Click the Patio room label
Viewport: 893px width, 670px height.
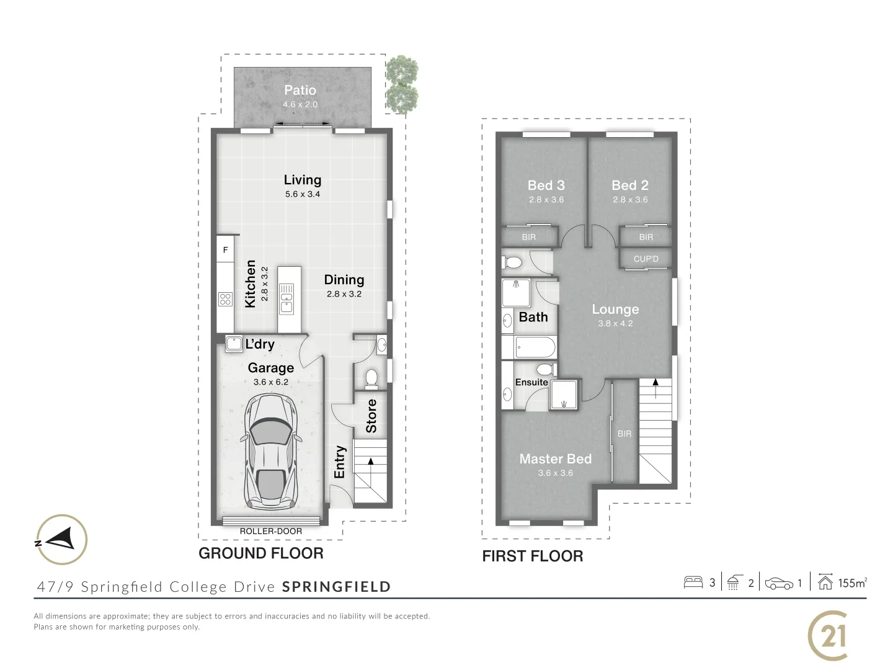300,91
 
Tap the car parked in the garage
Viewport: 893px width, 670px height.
271,451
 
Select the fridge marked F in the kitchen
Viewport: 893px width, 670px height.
225,250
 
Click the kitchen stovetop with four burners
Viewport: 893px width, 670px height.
225,300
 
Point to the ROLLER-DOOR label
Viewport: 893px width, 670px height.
271,531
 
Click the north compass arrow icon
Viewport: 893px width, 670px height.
61,539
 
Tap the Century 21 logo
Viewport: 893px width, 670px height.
829,636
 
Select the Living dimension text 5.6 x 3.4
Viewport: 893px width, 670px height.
303,194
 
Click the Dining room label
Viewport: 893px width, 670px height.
344,280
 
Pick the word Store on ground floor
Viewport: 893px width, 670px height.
371,416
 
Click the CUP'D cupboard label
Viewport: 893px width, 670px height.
646,259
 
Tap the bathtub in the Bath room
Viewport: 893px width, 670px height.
535,347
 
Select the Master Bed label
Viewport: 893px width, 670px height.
556,459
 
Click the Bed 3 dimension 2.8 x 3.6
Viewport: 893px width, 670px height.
546,200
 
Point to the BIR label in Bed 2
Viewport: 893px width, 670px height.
646,237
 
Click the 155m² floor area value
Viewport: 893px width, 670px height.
852,583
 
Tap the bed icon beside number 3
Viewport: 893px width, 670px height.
693,583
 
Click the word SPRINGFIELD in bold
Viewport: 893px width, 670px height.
336,587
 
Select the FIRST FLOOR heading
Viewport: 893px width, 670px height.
533,556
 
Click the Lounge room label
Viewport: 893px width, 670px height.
615,310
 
